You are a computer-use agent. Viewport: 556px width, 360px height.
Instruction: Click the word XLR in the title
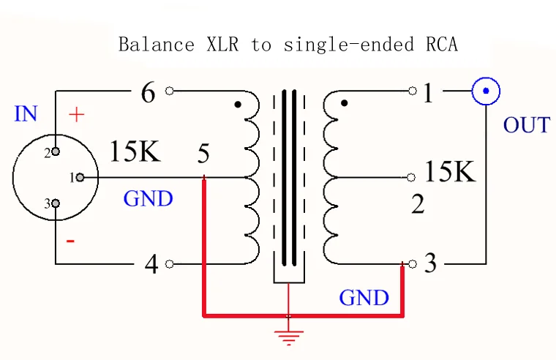click(x=222, y=45)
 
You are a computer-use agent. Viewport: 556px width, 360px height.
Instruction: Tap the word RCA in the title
click(x=442, y=45)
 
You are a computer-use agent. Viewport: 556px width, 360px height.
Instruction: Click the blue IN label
click(x=26, y=114)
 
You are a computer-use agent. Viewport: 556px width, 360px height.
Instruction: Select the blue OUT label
click(x=527, y=125)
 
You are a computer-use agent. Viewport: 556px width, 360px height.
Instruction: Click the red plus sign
click(x=77, y=115)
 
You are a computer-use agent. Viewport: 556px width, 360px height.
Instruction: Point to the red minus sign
click(x=70, y=241)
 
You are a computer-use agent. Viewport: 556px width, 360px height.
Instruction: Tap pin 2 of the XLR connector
click(x=56, y=151)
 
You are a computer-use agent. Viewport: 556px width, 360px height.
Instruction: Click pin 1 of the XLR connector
click(x=80, y=177)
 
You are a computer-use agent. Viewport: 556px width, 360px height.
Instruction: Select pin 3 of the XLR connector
click(x=56, y=203)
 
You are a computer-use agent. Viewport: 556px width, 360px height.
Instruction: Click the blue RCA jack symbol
click(x=486, y=91)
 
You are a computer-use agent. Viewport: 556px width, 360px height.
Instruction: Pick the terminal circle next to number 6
click(x=170, y=91)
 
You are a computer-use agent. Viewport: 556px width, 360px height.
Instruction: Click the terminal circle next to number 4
click(x=170, y=264)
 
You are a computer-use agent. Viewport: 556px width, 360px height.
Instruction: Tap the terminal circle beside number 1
click(x=413, y=91)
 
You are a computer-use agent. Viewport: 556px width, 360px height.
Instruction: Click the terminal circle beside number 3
click(x=413, y=264)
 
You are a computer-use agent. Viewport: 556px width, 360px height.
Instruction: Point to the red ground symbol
click(x=289, y=337)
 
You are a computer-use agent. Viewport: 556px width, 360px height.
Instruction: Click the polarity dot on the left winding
click(x=238, y=105)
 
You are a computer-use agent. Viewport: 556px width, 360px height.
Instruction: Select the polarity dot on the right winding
click(x=344, y=103)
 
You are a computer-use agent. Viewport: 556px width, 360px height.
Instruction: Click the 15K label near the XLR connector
click(x=135, y=151)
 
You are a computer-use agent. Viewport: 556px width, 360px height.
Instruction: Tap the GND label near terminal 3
click(x=364, y=297)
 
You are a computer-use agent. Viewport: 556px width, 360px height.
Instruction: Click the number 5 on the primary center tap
click(x=203, y=153)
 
